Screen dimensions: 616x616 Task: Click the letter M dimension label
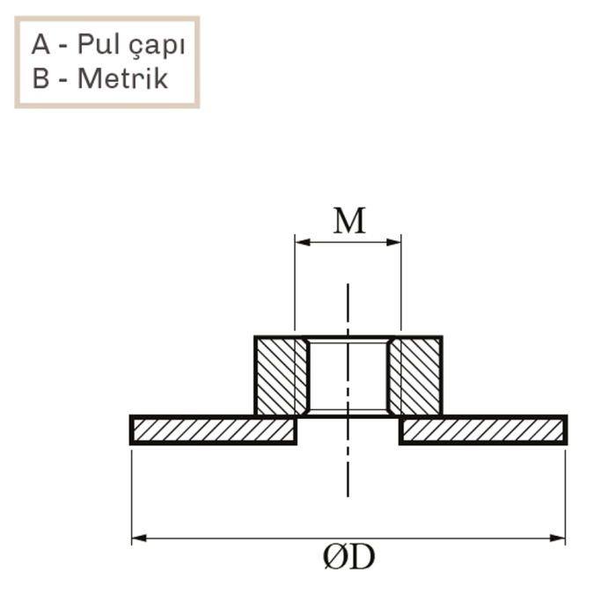pos(348,221)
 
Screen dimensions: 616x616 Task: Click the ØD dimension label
pos(349,558)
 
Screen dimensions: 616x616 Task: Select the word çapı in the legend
pos(156,46)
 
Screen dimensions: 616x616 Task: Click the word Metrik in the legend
pos(122,78)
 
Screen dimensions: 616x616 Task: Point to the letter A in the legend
pos(41,44)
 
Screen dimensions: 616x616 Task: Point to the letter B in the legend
pos(40,78)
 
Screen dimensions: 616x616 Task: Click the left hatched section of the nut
pos(281,376)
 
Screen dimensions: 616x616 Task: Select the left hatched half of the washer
pos(214,430)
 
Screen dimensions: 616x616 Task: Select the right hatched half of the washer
pos(482,430)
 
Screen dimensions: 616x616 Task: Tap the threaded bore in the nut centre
pos(348,376)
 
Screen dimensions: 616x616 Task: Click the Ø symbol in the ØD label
pos(335,558)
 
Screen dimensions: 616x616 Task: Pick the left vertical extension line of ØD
pos(132,493)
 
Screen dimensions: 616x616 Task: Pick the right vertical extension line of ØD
pos(565,493)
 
